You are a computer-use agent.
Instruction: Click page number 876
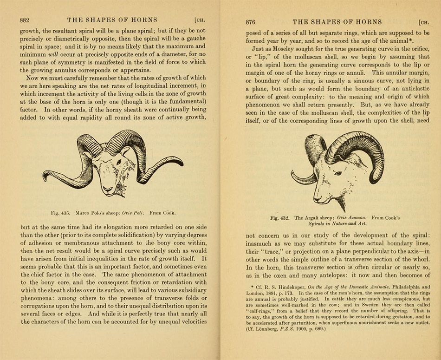click(x=251, y=21)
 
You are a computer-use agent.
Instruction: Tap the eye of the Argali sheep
click(x=338, y=173)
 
